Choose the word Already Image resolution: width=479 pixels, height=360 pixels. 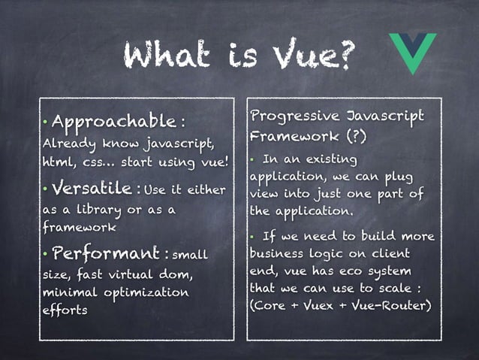63,143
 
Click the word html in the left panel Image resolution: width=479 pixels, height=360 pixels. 58,162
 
